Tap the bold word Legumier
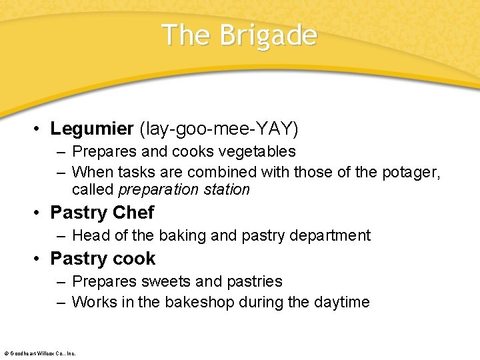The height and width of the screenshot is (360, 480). pyautogui.click(x=91, y=128)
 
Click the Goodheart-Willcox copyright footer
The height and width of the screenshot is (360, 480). pyautogui.click(x=40, y=353)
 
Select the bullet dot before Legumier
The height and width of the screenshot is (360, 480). pyautogui.click(x=39, y=129)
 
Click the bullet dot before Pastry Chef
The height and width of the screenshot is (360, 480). pyautogui.click(x=39, y=213)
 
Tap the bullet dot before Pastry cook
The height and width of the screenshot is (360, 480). pyautogui.click(x=39, y=259)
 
